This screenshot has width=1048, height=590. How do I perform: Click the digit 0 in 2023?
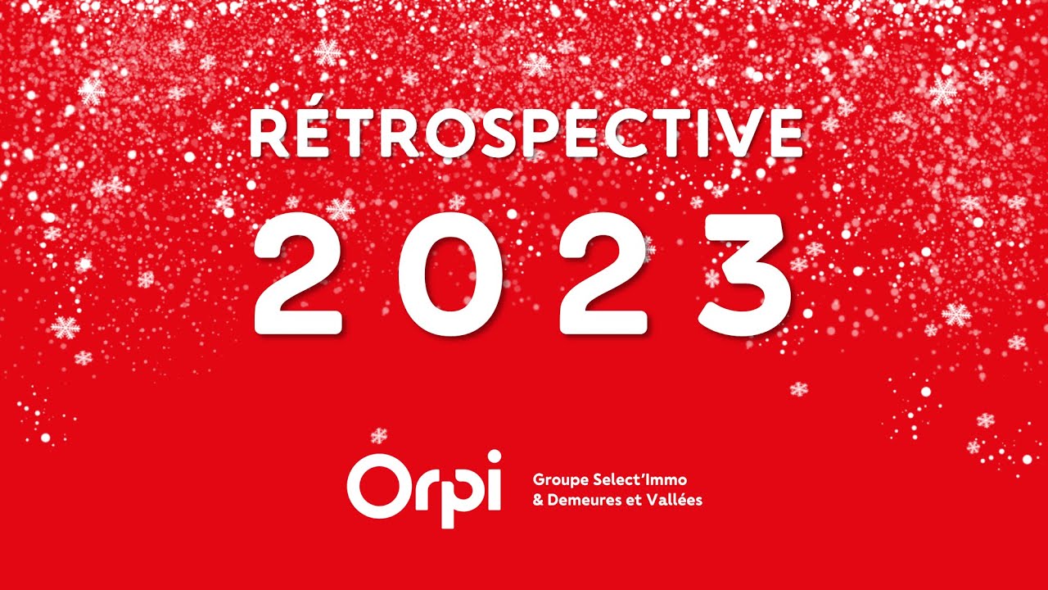tap(447, 274)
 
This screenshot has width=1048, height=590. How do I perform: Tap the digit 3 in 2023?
tap(745, 274)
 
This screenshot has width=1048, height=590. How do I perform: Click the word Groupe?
tap(558, 479)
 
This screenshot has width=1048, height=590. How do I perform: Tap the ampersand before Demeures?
tap(538, 499)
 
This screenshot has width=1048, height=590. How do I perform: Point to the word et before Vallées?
tap(635, 499)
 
